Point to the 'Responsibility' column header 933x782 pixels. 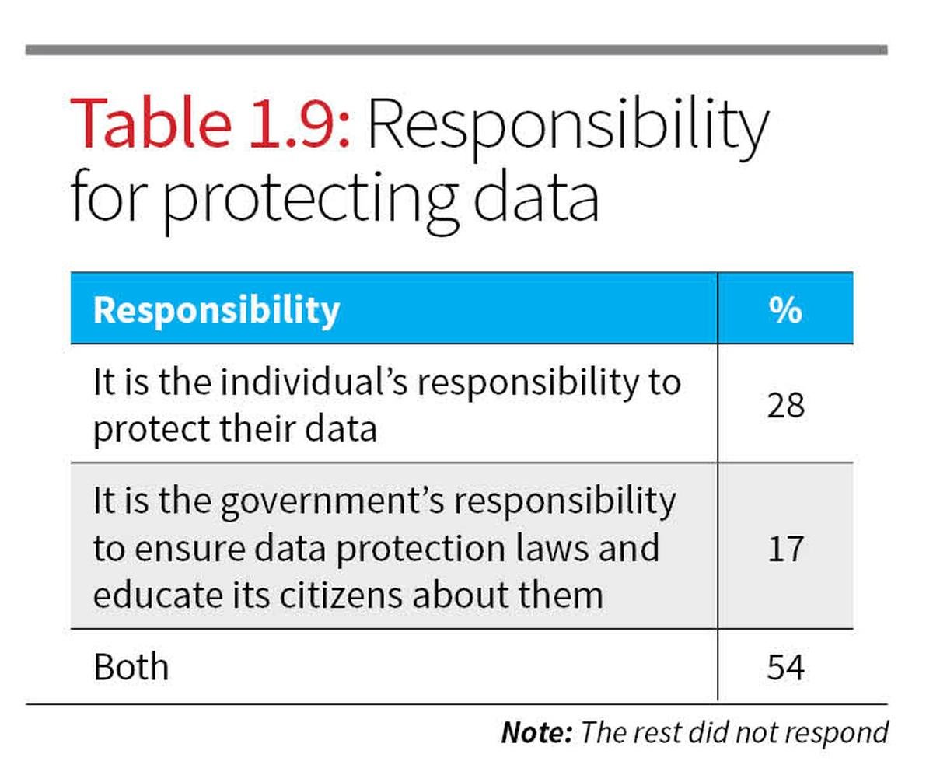click(216, 309)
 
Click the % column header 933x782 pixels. click(784, 309)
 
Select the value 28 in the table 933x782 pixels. click(784, 404)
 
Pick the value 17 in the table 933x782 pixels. click(784, 547)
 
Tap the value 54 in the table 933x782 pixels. click(784, 667)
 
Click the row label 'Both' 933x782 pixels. click(131, 667)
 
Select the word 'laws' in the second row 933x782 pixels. click(553, 548)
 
